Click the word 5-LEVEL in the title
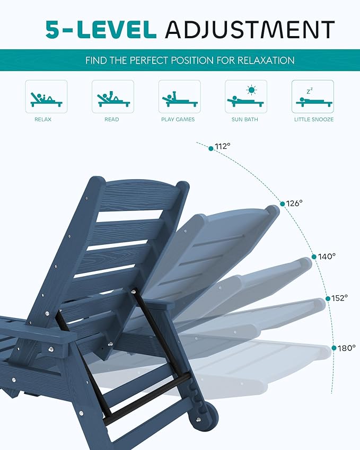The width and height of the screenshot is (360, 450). coord(101,30)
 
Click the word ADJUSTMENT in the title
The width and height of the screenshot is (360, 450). coord(249,30)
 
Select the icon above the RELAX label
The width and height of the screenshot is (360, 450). coord(46,96)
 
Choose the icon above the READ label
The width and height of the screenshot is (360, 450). coord(112,96)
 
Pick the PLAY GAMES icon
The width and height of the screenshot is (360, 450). coord(179,96)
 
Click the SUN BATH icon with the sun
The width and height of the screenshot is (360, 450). coord(245,96)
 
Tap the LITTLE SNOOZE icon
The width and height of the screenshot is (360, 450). coord(312,96)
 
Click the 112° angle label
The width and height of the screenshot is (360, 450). coord(223,146)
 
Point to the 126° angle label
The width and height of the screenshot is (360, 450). coord(294,203)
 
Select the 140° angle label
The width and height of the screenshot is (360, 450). coord(327,256)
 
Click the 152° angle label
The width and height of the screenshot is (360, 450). coord(339,298)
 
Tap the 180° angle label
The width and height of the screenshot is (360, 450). coord(347,348)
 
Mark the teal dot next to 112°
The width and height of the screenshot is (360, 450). coord(211,148)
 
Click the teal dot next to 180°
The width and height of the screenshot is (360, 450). coord(334,348)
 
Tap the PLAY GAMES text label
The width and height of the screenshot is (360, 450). coord(178,120)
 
